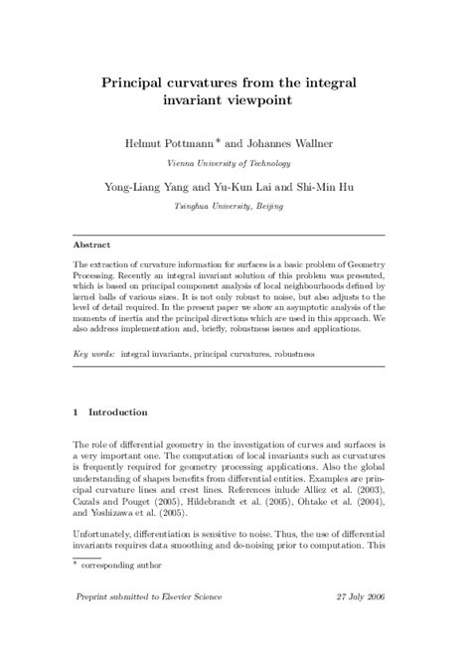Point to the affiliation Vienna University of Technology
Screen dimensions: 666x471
tap(235, 162)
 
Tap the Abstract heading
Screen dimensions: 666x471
tap(92, 244)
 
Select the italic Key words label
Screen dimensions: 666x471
tap(94, 354)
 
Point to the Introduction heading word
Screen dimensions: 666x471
tap(118, 412)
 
